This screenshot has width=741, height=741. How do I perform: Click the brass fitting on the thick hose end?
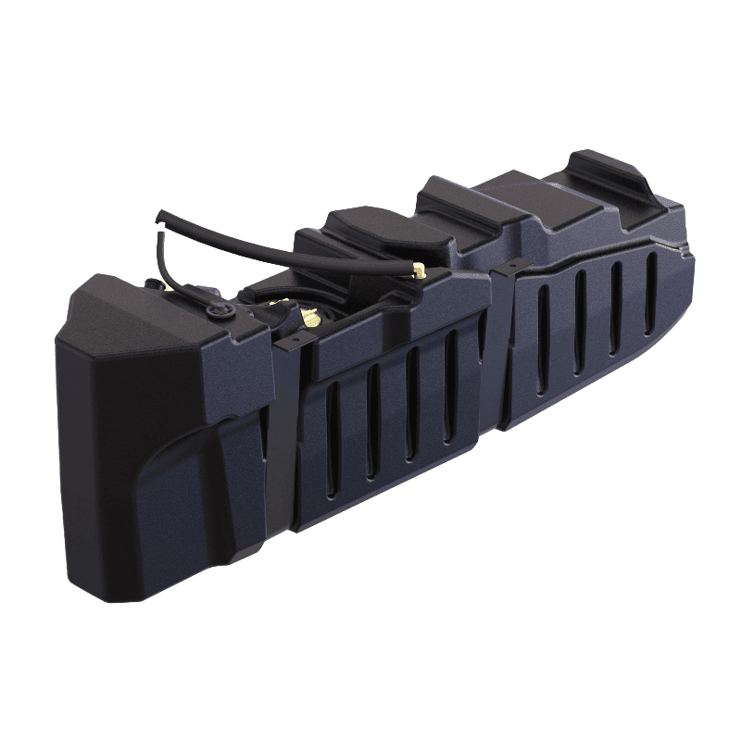click(419, 271)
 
